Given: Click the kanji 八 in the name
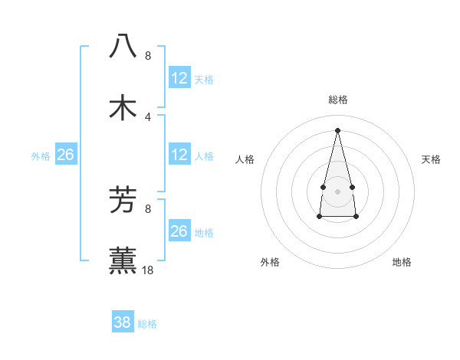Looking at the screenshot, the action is point(123,46).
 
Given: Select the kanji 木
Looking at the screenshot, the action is point(123,107).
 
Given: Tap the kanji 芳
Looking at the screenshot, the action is point(123,201).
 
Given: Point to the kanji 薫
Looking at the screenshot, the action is point(123,260).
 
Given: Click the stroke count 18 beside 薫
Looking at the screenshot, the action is point(149,270).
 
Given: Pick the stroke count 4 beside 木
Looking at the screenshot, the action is point(148,116).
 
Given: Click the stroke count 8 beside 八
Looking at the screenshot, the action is point(148,56).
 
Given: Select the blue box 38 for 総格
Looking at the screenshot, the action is point(123,322).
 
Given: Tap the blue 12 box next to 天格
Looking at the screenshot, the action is point(179,78).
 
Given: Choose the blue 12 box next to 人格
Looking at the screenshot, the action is point(179,155).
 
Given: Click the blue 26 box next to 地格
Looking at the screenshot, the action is point(179,231).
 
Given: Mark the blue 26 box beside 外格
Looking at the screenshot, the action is point(65,155).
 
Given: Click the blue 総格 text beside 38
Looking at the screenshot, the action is point(147,324).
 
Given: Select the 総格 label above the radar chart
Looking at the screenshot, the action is point(338,100).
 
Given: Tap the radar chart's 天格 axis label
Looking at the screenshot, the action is point(431,159).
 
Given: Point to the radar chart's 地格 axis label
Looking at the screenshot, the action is point(402,262).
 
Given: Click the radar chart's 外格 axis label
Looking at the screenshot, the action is point(270,262).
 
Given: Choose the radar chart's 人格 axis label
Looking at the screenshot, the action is point(245,159).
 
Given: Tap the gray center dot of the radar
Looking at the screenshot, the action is point(337,190).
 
